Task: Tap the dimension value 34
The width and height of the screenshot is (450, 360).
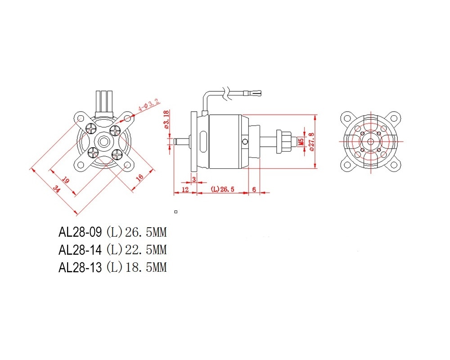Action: pos(57,189)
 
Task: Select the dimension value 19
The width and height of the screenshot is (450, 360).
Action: pos(66,180)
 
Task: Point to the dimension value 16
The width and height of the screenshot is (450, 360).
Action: pos(140,177)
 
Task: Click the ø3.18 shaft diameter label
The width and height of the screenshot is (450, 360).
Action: pos(166,120)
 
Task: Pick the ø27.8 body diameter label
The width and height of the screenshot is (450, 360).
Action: pos(311,141)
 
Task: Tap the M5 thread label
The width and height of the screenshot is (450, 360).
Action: pos(301,141)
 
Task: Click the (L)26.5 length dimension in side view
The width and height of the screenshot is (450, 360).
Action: pos(222,189)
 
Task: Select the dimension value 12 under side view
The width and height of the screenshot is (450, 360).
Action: pos(185,189)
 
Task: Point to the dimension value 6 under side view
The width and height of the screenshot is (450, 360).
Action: pos(254,189)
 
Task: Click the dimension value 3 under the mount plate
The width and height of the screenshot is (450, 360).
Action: pos(194,179)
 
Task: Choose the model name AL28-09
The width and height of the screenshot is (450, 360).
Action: pos(80,232)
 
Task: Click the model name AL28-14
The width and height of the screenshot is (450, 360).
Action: pos(80,250)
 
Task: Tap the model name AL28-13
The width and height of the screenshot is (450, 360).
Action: pos(80,268)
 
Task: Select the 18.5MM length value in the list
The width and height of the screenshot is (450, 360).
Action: pos(146,268)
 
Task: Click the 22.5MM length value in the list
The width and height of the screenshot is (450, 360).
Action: pos(146,250)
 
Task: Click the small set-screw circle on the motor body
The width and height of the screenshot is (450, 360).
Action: pos(245,142)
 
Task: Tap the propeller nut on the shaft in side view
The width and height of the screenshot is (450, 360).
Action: pos(283,142)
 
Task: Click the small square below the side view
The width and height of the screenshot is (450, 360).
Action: pos(176,212)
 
